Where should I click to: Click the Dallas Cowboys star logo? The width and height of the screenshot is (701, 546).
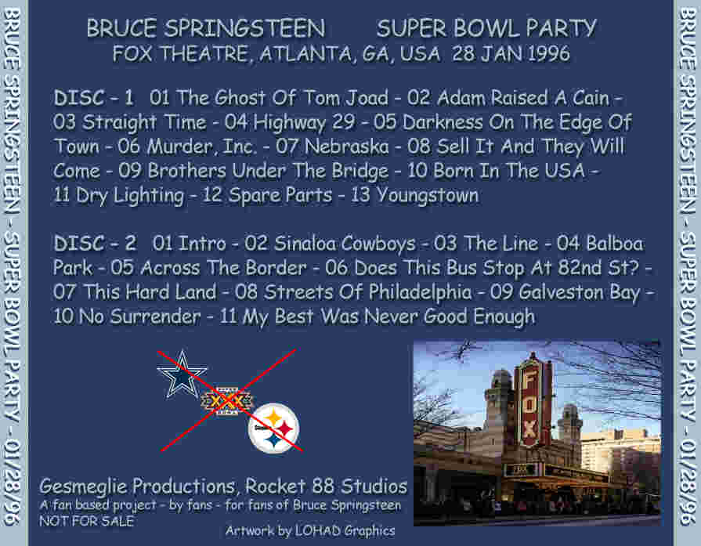(x=182, y=375)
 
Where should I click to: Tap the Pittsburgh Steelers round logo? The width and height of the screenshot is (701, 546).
(x=273, y=428)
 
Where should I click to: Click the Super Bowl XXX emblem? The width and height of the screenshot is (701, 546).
(x=226, y=401)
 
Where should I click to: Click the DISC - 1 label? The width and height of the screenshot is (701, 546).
(x=94, y=97)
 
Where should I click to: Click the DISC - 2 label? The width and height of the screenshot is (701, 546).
(x=95, y=244)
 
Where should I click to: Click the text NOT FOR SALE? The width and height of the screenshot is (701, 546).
(x=86, y=522)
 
